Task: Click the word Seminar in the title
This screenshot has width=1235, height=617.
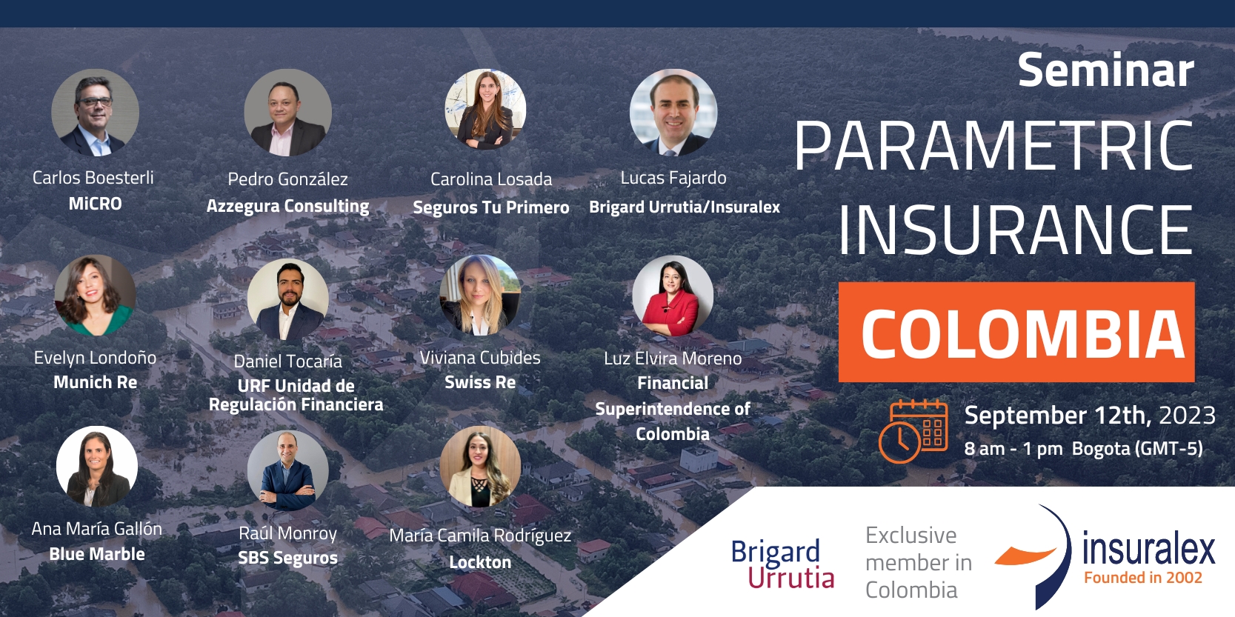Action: (1105, 70)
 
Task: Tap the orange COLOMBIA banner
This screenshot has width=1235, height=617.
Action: (1016, 332)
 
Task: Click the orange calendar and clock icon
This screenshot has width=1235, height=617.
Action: (913, 430)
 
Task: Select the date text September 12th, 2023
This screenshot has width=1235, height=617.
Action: (1090, 416)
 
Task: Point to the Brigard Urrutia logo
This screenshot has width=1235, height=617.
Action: (782, 564)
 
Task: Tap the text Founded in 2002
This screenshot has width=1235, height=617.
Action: (1143, 578)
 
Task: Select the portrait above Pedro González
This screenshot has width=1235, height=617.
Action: (287, 112)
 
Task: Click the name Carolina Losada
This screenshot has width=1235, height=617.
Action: (490, 179)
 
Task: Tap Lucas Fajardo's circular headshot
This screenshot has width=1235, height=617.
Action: (673, 112)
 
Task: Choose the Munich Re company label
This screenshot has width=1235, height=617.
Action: (96, 382)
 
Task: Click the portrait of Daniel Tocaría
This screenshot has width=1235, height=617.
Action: (287, 299)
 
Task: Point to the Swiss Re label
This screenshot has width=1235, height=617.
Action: (480, 382)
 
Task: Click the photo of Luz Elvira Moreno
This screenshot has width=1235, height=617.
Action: (673, 296)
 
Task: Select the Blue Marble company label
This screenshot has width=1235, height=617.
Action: (97, 553)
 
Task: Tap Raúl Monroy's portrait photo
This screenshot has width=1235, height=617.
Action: (287, 470)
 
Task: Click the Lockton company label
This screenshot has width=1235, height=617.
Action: (480, 562)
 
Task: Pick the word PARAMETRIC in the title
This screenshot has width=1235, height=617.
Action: (993, 147)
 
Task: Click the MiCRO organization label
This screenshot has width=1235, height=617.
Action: (96, 204)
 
